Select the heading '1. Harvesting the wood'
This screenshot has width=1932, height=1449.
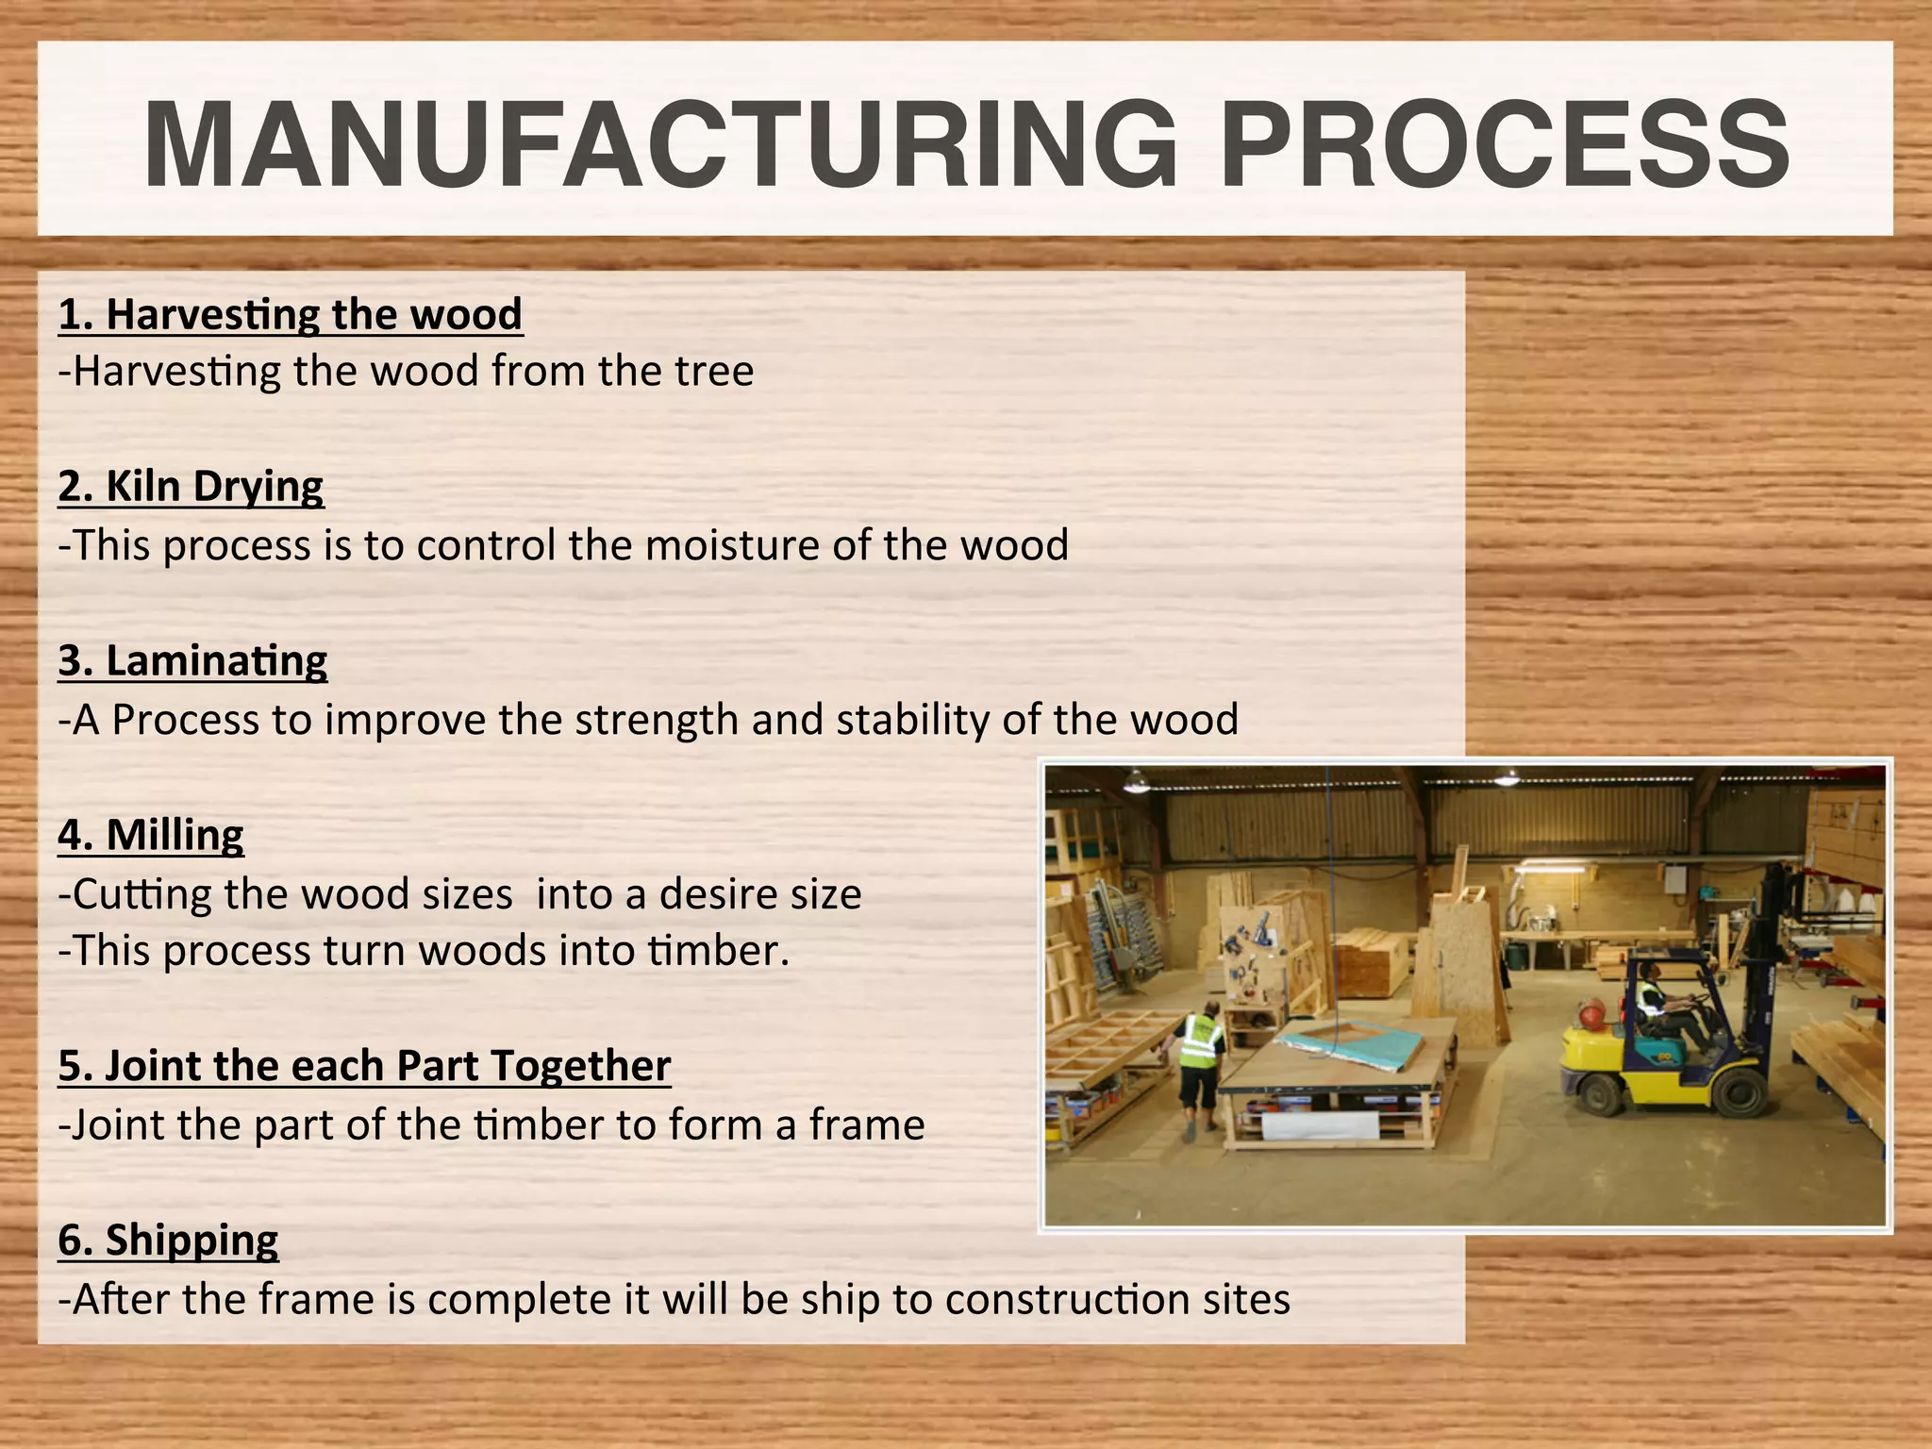click(x=290, y=314)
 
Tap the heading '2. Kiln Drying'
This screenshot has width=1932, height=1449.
click(x=191, y=487)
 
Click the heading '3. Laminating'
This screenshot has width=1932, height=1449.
click(x=192, y=661)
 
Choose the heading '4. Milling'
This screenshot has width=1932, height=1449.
click(x=151, y=836)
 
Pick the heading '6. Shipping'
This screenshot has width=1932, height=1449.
click(x=168, y=1241)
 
